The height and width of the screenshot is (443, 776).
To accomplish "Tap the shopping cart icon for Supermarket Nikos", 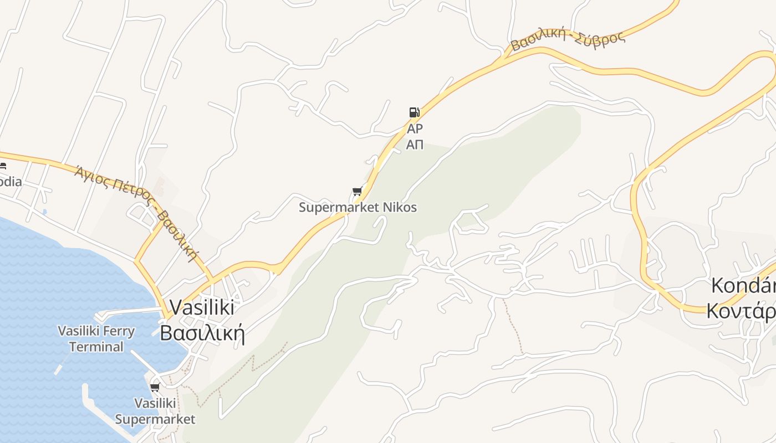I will click(357, 192).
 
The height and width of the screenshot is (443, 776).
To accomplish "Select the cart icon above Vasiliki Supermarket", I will click(155, 387).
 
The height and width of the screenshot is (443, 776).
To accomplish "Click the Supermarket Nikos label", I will click(358, 208).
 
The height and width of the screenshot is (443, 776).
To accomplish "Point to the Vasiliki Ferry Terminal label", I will click(96, 339).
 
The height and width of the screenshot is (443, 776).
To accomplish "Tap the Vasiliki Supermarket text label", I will click(155, 411).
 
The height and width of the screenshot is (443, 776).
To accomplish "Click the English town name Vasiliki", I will click(201, 307).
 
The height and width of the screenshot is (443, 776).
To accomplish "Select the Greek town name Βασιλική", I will click(202, 333).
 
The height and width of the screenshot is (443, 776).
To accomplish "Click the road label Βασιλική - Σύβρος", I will click(568, 40).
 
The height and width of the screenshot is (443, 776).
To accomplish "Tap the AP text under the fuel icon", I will click(415, 129).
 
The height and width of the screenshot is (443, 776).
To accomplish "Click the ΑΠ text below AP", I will click(415, 145).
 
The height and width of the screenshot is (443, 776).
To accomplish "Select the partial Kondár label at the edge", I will click(743, 286).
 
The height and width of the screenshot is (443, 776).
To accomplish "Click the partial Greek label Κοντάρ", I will click(741, 311).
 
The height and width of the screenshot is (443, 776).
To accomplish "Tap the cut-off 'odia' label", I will click(11, 182).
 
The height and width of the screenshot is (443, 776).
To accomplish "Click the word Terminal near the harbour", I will click(96, 347).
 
